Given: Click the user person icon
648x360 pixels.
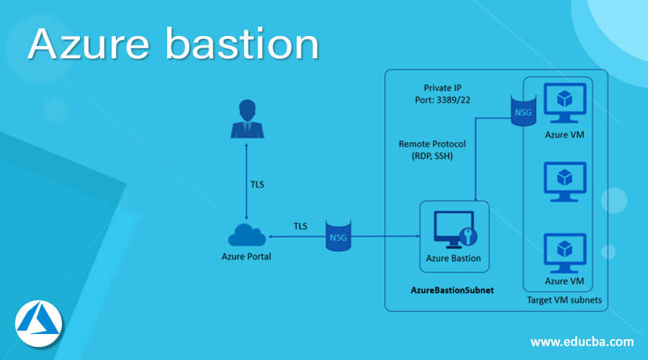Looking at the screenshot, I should [247, 120].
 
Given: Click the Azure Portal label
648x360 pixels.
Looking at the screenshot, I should [247, 257].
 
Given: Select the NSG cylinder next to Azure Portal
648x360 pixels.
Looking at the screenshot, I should [338, 235].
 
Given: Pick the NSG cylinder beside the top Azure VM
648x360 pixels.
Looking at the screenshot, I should [522, 112].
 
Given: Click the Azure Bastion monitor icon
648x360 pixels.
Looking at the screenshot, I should [453, 230].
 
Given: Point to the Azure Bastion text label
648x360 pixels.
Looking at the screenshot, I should [454, 258].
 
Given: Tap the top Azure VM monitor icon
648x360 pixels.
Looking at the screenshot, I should [565, 102].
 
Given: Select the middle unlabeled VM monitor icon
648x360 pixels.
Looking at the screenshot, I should [565, 181].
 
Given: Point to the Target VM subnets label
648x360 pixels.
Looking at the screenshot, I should [564, 300].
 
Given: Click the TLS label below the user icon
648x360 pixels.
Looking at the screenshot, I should [256, 184].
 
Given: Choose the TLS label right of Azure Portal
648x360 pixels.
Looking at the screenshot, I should [300, 226].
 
